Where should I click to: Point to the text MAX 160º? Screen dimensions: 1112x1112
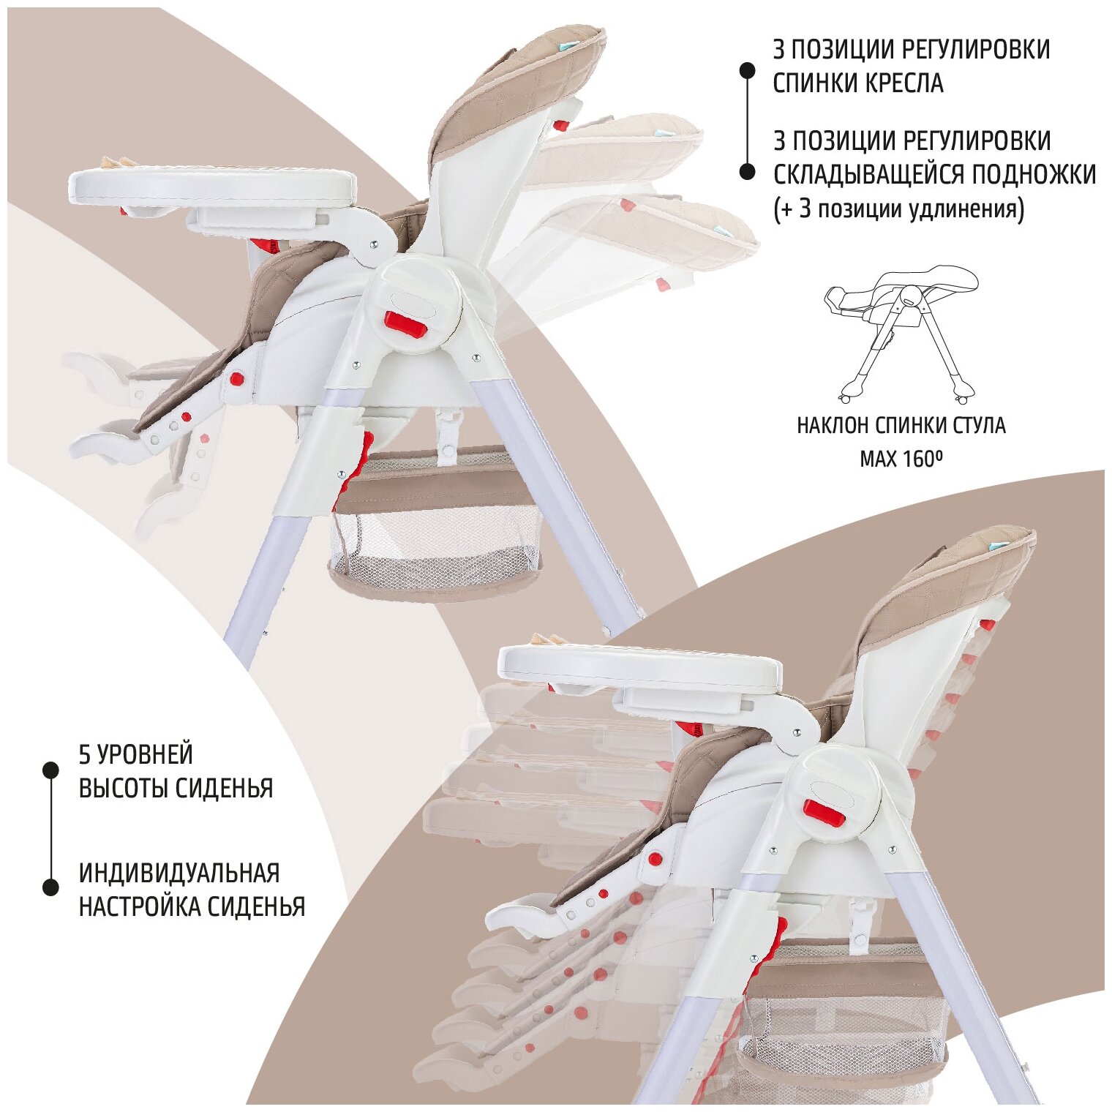pos(901,459)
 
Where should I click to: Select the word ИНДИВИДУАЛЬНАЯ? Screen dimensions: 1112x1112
pos(179,873)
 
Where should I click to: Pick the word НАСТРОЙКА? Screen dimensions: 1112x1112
pos(140,907)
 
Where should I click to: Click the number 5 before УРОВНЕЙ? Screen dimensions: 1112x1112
pos(84,754)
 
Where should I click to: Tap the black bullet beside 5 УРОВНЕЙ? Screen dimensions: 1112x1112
pos(50,770)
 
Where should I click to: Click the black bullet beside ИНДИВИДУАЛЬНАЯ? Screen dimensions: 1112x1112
pos(50,887)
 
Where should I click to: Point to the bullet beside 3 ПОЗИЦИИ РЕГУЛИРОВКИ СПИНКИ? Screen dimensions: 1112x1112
pos(747,70)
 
